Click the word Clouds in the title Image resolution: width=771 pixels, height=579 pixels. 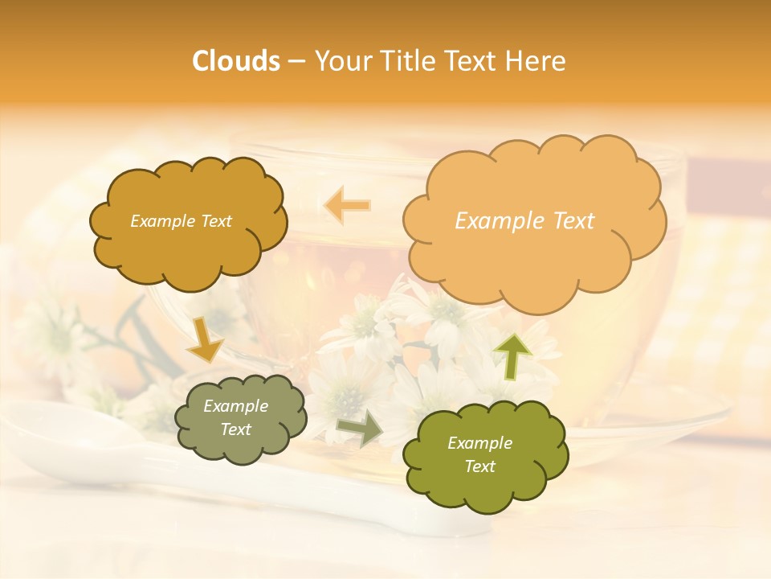pyautogui.click(x=236, y=61)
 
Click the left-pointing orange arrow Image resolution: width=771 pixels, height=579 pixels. pyautogui.click(x=347, y=206)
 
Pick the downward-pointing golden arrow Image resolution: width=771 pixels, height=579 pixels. pyautogui.click(x=205, y=339)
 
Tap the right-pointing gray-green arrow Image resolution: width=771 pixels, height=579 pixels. pyautogui.click(x=359, y=429)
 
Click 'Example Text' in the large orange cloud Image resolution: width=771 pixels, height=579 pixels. pyautogui.click(x=524, y=221)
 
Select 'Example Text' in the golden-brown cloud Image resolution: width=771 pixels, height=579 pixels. pyautogui.click(x=181, y=221)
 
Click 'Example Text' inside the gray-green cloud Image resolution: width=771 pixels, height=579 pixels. pyautogui.click(x=235, y=418)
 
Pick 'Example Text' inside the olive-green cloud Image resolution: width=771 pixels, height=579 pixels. pyautogui.click(x=479, y=454)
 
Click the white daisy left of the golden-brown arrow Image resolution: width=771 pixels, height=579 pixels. pyautogui.click(x=56, y=338)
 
